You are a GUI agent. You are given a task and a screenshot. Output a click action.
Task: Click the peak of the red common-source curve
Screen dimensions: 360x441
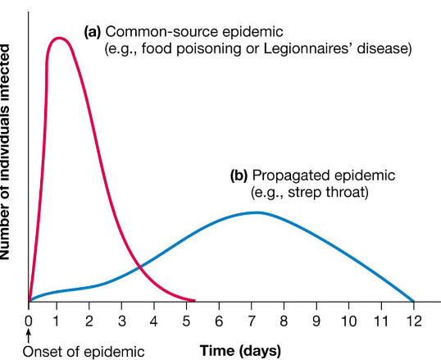click(59, 38)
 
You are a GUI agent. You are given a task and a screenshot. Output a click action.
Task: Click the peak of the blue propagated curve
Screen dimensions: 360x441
click(257, 212)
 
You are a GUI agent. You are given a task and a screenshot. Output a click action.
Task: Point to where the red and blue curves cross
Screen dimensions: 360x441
click(140, 267)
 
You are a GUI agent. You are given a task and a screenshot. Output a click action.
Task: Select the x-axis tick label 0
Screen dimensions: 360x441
click(29, 319)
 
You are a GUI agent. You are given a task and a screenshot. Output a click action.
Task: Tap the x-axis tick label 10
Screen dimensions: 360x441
click(348, 319)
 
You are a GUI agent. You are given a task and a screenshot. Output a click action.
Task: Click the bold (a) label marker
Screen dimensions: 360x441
click(93, 32)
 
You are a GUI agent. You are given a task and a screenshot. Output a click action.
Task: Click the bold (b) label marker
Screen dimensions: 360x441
click(239, 175)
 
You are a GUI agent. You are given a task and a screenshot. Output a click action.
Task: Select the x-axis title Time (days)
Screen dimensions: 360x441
click(240, 350)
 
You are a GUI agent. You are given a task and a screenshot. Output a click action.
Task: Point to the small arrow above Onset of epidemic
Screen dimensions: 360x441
click(29, 335)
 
